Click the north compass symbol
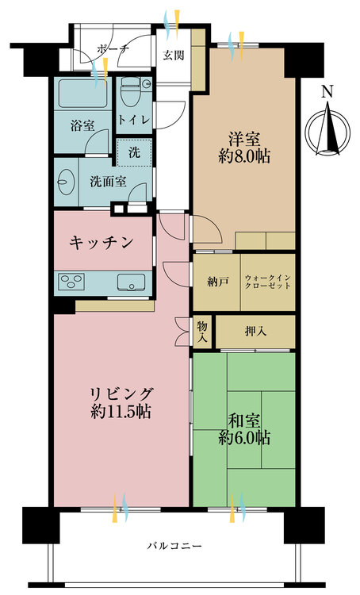[x=327, y=132]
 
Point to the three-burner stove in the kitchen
[x=71, y=282]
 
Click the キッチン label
[x=101, y=242]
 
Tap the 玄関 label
[x=174, y=56]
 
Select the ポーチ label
[x=113, y=49]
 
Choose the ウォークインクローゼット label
[x=267, y=282]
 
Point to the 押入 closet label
[x=255, y=332]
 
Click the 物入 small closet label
[x=203, y=332]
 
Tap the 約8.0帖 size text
[x=244, y=156]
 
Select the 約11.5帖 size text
[x=121, y=411]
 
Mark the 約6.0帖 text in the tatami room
[x=244, y=438]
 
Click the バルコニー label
[x=174, y=546]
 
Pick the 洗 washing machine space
[x=134, y=152]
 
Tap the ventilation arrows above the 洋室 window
[x=236, y=46]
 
